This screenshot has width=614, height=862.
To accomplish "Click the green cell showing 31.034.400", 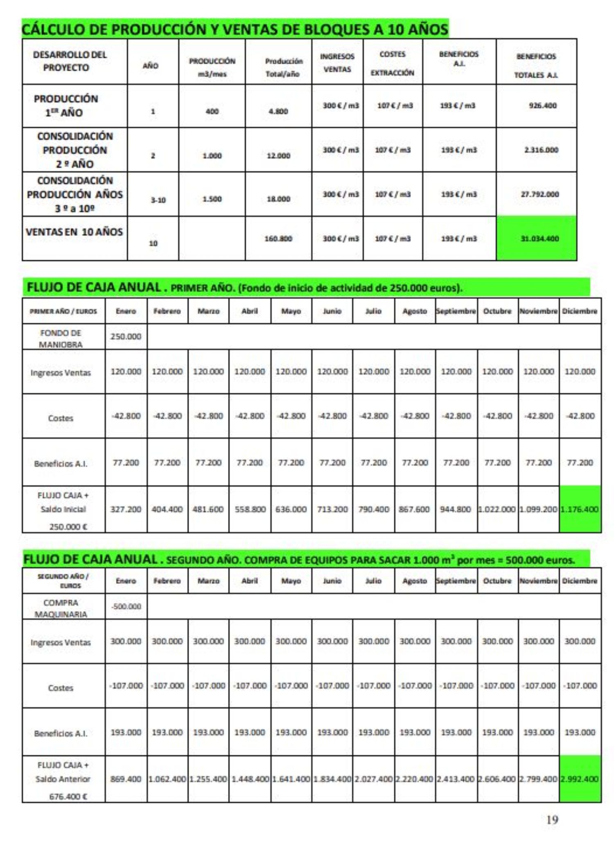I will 539,239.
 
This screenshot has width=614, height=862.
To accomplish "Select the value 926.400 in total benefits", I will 542,106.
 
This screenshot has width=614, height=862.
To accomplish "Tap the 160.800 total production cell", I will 278,239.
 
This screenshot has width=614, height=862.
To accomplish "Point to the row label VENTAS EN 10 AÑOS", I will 74,232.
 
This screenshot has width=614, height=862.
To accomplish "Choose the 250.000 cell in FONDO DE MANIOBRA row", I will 126,337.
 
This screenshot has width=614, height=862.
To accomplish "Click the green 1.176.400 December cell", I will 580,509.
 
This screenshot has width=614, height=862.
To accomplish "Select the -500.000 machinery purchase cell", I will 126,606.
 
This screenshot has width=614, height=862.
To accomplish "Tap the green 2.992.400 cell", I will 580,779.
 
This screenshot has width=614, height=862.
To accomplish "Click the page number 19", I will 552,819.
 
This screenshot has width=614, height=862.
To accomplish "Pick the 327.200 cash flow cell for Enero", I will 126,509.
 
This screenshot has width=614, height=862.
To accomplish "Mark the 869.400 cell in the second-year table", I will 126,779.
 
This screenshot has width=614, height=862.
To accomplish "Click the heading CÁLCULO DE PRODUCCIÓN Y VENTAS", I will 235,29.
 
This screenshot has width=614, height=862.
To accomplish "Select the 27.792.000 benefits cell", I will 540,195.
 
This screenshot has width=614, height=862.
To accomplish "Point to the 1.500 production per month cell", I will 212,199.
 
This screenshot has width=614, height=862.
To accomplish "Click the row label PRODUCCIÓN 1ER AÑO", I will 66,106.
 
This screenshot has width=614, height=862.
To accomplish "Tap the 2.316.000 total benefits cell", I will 541,150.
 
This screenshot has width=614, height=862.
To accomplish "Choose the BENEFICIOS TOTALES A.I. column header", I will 536,65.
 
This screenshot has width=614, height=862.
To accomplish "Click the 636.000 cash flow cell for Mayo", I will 291,509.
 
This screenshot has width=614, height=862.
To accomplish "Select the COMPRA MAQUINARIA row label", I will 61,608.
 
